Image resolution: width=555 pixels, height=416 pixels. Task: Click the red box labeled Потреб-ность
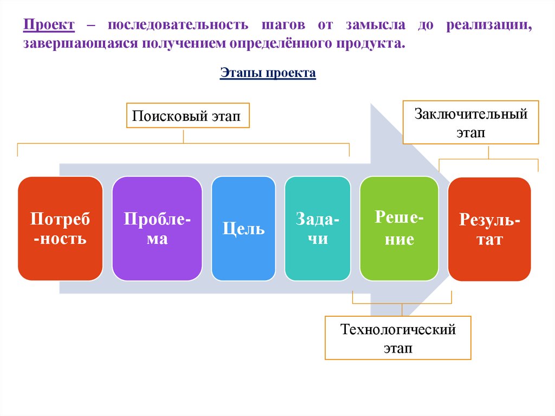pyautogui.click(x=60, y=228)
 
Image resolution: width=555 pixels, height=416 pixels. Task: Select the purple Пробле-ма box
pyautogui.click(x=157, y=228)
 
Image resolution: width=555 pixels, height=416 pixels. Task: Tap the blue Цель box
pyautogui.click(x=243, y=228)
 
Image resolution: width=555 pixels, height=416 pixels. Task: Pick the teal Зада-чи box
pyautogui.click(x=318, y=228)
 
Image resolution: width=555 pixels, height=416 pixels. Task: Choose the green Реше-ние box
pyautogui.click(x=398, y=228)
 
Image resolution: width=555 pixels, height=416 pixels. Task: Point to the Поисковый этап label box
pyautogui.click(x=188, y=116)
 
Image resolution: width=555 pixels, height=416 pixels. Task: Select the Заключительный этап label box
pyautogui.click(x=470, y=122)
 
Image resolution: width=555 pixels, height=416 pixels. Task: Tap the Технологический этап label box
pyautogui.click(x=398, y=338)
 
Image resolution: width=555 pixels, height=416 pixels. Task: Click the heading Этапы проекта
pyautogui.click(x=268, y=73)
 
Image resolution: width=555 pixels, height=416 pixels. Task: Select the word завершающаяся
pyautogui.click(x=80, y=43)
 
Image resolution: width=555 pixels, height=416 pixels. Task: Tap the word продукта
pyautogui.click(x=371, y=43)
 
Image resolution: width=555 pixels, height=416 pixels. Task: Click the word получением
pyautogui.click(x=182, y=43)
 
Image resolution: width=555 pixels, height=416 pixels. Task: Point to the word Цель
pyautogui.click(x=243, y=228)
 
